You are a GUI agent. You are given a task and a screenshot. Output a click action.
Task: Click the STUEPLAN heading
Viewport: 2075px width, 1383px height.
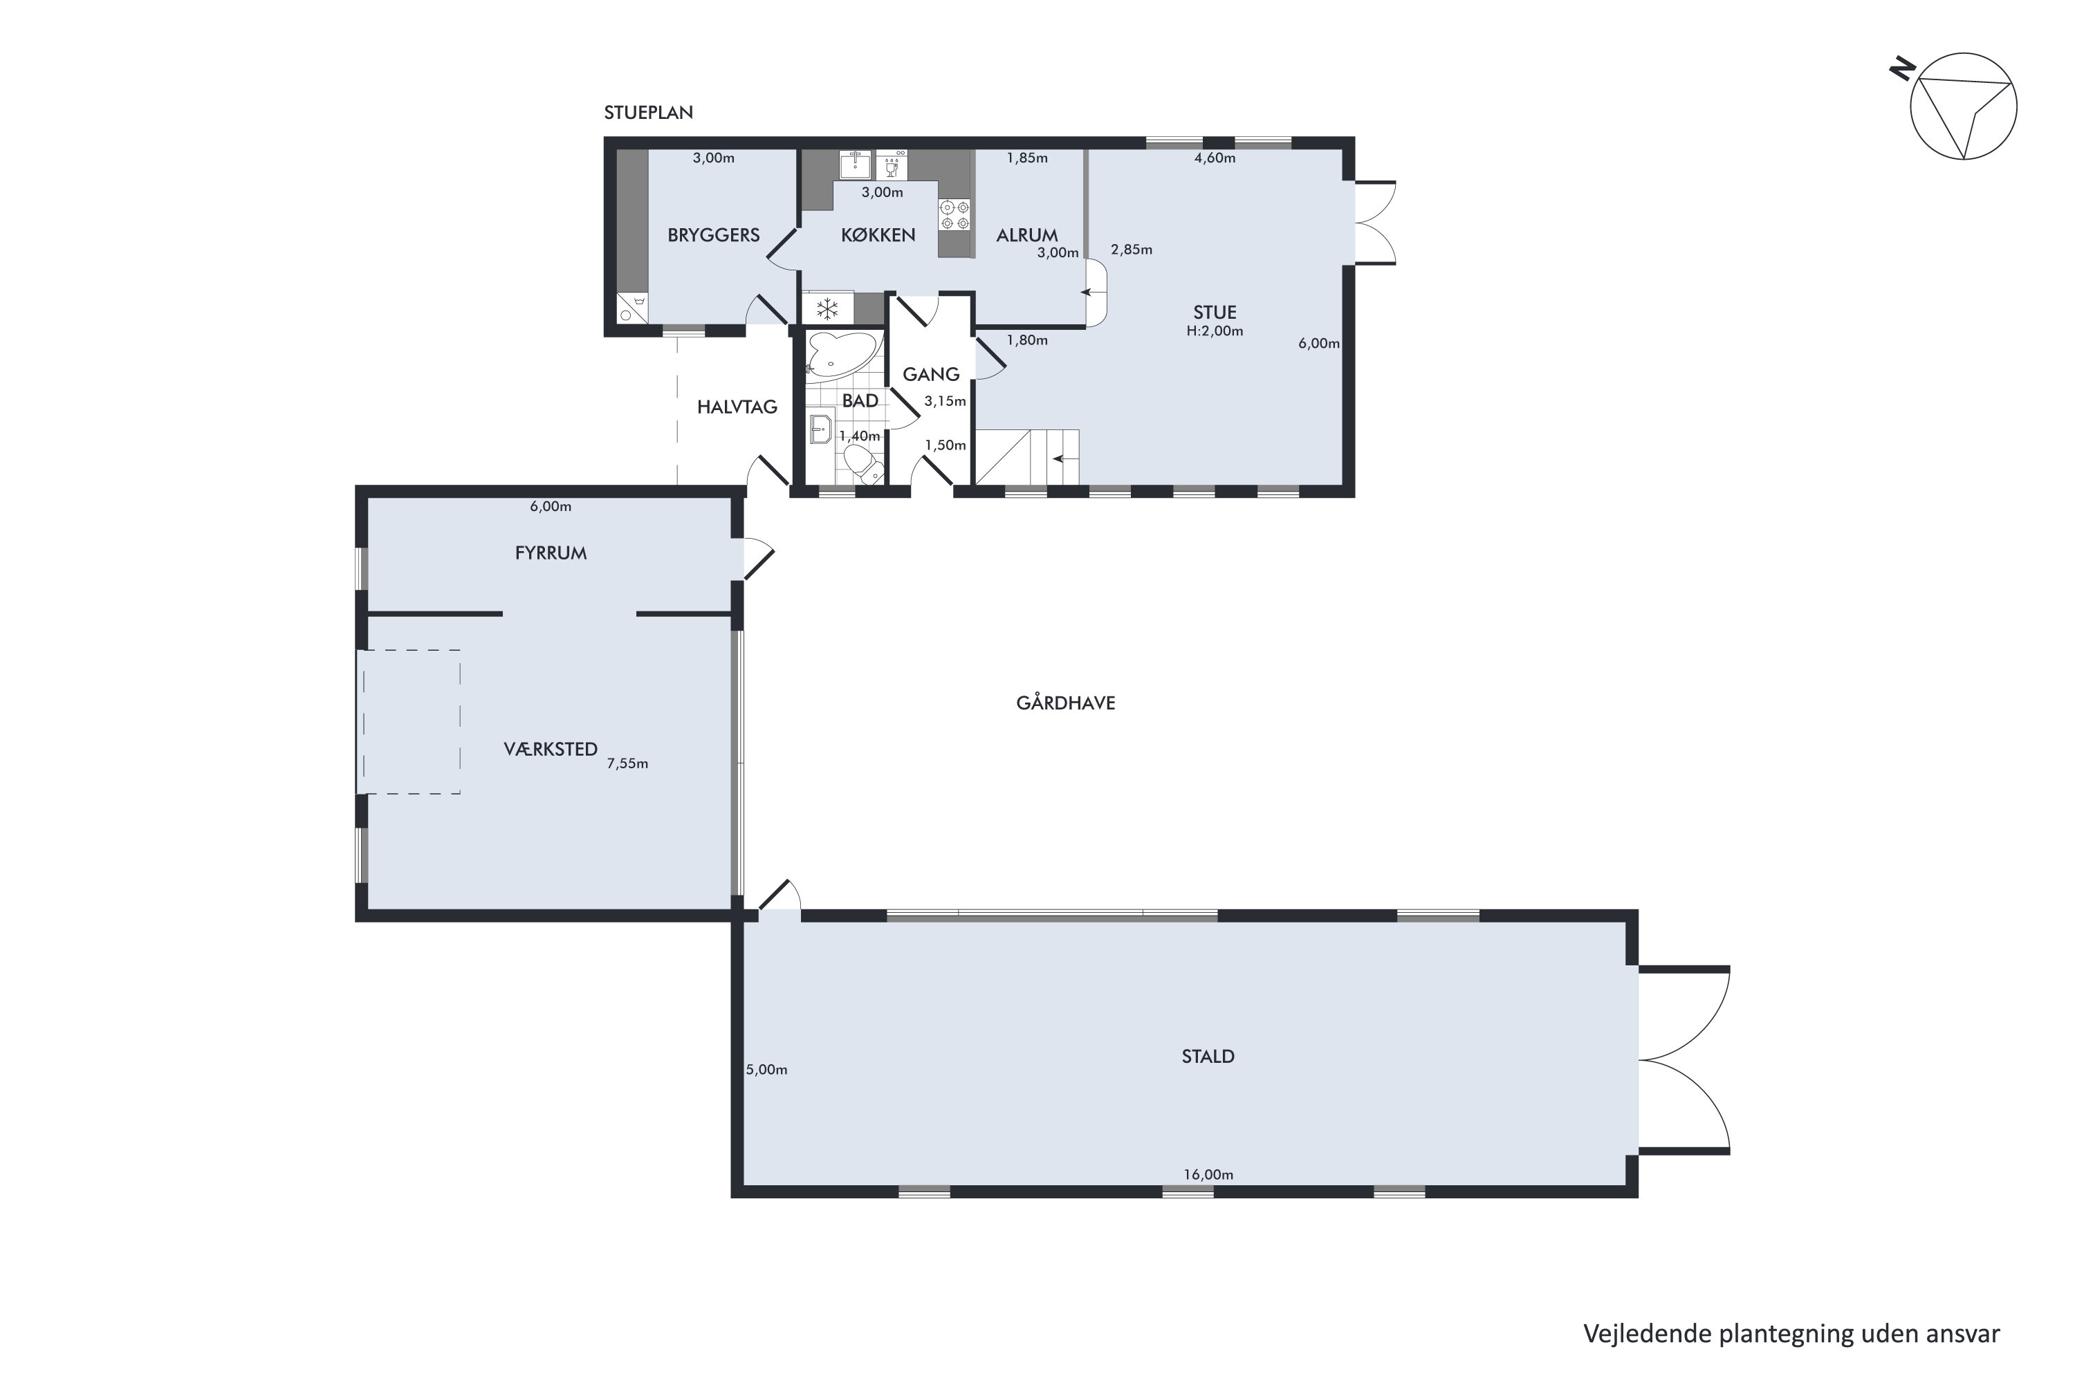(x=649, y=112)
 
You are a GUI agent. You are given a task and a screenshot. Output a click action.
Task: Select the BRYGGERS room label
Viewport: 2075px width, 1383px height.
(x=714, y=234)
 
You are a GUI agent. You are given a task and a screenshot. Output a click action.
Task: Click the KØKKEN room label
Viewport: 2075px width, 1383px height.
(x=878, y=234)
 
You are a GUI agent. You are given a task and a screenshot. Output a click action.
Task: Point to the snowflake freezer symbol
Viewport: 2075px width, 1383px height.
(x=827, y=308)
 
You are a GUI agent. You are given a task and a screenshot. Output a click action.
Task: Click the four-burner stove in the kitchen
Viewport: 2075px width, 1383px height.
(x=954, y=214)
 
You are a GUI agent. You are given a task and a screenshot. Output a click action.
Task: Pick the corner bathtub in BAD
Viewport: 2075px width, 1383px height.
(x=842, y=355)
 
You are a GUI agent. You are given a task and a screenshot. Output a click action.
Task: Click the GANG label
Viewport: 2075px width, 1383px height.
(x=931, y=374)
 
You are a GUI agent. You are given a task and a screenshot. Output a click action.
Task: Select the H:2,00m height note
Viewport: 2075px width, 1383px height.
(x=1215, y=332)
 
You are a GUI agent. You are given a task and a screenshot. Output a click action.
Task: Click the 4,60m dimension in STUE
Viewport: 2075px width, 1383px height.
(x=1215, y=158)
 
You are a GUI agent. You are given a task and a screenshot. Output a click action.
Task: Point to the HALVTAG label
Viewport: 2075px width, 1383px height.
(x=737, y=407)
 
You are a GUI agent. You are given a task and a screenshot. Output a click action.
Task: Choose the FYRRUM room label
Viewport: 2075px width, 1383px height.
(x=551, y=553)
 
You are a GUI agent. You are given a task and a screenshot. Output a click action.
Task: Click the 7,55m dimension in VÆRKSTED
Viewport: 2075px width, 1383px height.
(x=627, y=764)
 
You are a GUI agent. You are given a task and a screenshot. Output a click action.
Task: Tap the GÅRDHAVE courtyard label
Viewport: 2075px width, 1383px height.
(x=1066, y=703)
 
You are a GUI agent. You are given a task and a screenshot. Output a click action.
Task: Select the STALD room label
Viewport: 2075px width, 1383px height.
(x=1208, y=1057)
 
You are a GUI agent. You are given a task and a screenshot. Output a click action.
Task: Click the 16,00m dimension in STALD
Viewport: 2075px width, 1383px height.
(x=1208, y=1175)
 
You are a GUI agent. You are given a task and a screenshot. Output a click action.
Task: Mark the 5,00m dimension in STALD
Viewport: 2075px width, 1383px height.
(x=766, y=1070)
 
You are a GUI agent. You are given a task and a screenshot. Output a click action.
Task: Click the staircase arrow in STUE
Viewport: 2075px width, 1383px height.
(x=1065, y=458)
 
